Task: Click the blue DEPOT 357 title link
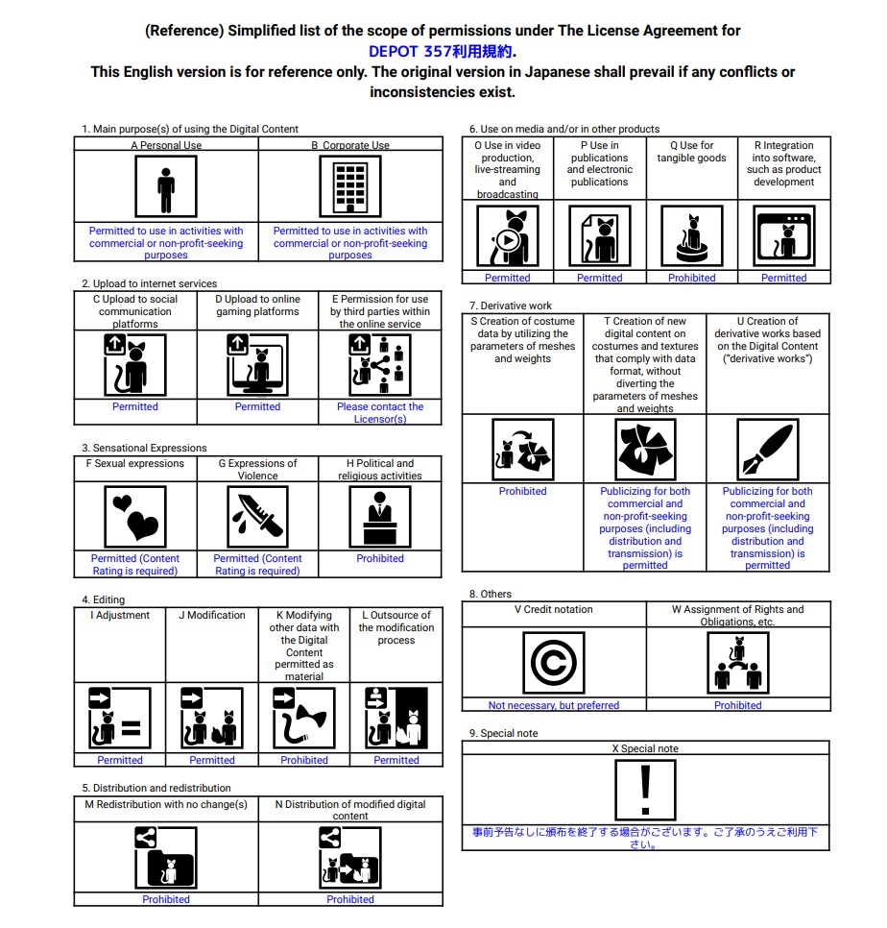[443, 52]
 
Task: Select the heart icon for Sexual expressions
[135, 517]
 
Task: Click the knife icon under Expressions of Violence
[257, 517]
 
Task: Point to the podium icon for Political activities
[380, 517]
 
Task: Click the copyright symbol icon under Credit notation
[554, 664]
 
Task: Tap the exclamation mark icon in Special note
[645, 789]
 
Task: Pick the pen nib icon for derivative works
[767, 450]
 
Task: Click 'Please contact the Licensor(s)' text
[380, 413]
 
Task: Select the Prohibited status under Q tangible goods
[692, 278]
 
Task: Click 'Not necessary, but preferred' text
[554, 705]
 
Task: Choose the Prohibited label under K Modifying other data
[304, 760]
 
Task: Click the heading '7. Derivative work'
[511, 305]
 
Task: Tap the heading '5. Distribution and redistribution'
[156, 788]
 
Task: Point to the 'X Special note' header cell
[645, 748]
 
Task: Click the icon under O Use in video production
[508, 236]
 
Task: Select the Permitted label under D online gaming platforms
[257, 406]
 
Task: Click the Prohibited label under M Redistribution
[166, 899]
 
